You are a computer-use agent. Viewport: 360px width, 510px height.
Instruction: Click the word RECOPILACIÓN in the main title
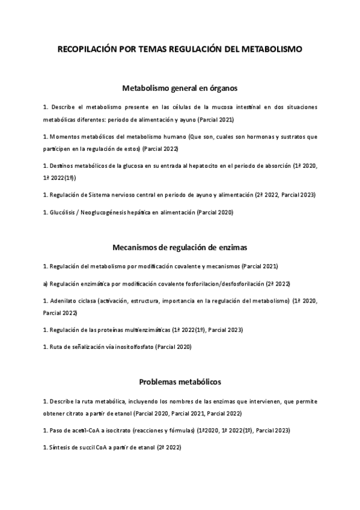tap(88, 51)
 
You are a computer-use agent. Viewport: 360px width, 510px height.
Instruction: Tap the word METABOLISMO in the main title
tap(272, 51)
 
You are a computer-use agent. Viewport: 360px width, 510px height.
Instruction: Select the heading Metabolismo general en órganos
tap(180, 88)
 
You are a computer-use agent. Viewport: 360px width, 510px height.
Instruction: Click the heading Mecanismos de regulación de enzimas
tap(180, 247)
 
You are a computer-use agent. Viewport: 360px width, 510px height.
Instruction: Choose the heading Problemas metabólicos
tap(180, 381)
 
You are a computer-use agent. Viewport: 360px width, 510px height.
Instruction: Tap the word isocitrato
tap(108, 430)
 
